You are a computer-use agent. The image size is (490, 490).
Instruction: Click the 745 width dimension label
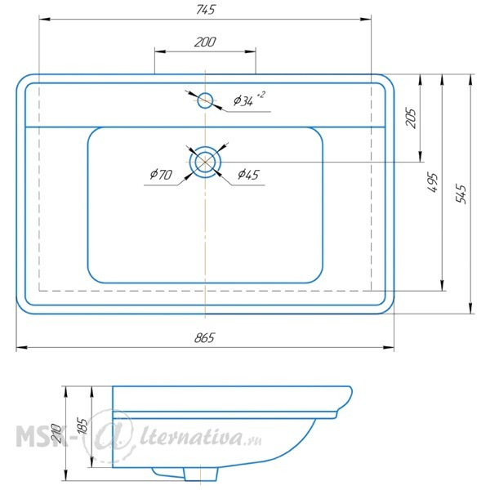point(206,10)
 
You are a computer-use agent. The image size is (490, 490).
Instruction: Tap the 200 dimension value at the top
point(205,42)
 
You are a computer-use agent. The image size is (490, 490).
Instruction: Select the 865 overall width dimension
point(205,338)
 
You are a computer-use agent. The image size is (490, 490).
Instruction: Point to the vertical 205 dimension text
point(412,118)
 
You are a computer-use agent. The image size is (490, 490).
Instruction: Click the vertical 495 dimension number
point(433,182)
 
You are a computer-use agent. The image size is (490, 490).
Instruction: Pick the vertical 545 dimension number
point(461,194)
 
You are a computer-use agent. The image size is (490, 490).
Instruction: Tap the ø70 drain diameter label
point(161,175)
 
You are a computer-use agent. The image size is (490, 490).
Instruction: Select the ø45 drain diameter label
point(249,175)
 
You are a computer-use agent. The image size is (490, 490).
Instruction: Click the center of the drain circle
point(205,162)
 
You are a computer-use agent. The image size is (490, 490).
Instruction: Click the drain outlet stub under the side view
point(201,474)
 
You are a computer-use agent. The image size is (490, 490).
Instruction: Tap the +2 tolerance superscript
point(261,95)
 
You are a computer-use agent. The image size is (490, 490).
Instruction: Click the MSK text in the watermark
point(41,436)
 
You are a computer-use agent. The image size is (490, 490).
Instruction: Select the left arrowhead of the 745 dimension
point(45,19)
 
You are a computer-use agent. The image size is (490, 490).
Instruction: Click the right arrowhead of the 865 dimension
point(388,347)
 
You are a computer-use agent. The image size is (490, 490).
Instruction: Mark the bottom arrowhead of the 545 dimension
point(470,308)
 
